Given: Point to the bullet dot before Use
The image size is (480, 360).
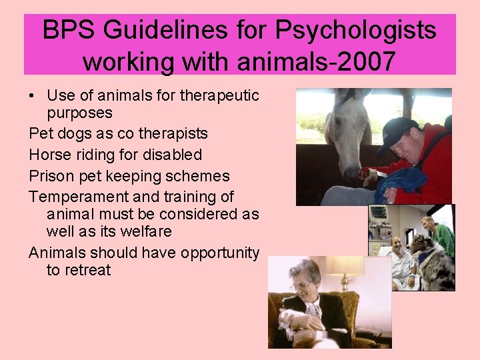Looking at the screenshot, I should point(33,96).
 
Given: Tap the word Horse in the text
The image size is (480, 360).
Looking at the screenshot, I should point(49,155).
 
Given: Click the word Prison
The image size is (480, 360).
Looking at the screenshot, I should point(51,176).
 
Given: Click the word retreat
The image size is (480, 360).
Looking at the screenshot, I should point(87,270).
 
